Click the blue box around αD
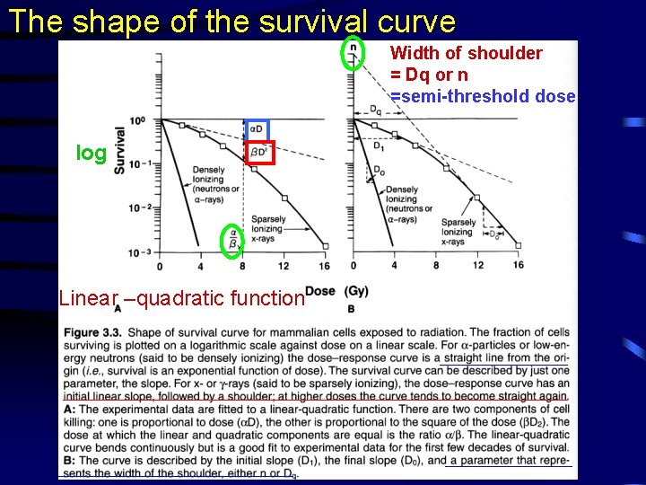click(257, 129)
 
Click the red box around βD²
click(260, 153)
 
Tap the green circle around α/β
click(233, 239)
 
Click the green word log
click(91, 154)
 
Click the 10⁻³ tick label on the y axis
click(139, 252)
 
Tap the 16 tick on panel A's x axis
click(324, 266)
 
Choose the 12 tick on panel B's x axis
click(477, 266)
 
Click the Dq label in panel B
click(376, 110)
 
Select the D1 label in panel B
click(380, 145)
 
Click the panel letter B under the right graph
click(351, 308)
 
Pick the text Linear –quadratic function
click(180, 297)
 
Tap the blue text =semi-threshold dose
click(483, 97)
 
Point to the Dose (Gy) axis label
click(336, 290)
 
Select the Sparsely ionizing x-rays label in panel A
click(269, 229)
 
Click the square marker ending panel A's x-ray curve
click(325, 245)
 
